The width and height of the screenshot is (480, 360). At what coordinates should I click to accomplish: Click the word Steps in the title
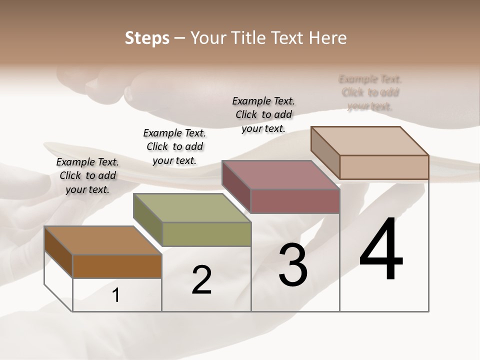[x=146, y=38]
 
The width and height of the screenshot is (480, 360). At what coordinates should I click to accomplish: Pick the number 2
[x=201, y=280]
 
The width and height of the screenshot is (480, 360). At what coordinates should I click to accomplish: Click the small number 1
[x=116, y=295]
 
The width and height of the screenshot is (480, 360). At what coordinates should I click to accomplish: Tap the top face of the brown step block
[x=103, y=240]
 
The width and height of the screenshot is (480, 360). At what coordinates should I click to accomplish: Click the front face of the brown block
[x=117, y=266]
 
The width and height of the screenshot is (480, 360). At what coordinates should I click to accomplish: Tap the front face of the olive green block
[x=206, y=234]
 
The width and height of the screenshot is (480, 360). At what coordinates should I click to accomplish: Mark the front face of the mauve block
[x=295, y=201]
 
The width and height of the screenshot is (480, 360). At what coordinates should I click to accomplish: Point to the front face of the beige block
[x=384, y=167]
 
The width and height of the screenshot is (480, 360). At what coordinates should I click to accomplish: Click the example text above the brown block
[x=87, y=175]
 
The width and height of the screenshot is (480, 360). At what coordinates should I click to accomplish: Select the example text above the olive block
[x=174, y=146]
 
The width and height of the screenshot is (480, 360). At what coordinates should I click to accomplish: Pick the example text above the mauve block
[x=263, y=114]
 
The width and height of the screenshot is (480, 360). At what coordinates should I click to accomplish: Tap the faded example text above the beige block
[x=370, y=92]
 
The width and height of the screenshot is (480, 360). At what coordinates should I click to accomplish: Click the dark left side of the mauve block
[x=236, y=186]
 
